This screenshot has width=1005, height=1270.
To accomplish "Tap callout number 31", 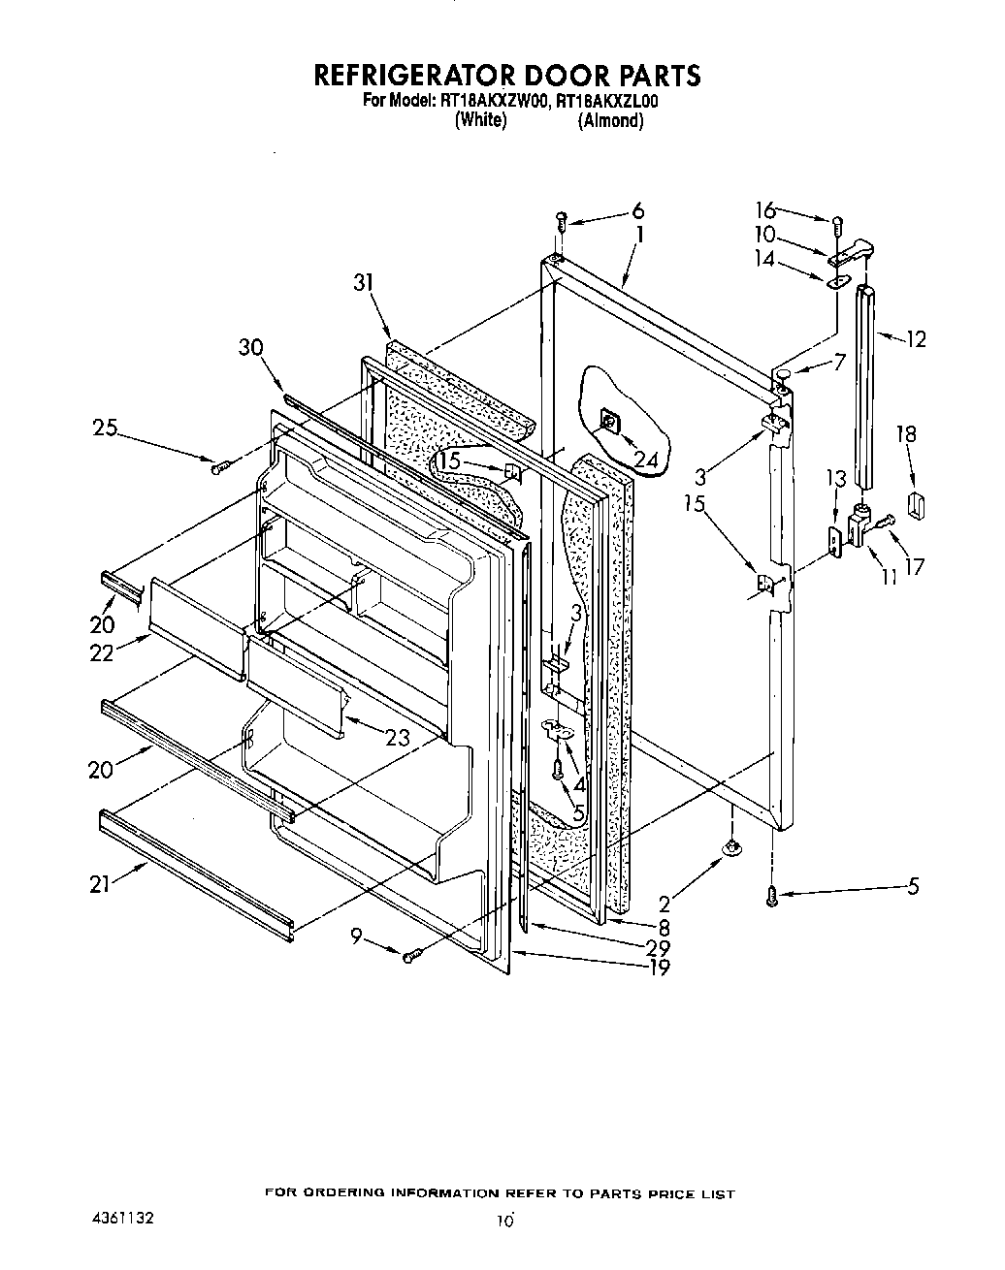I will (x=363, y=282).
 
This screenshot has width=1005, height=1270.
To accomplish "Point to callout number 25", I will (x=106, y=427).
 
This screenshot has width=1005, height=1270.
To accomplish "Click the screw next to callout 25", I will (x=218, y=467).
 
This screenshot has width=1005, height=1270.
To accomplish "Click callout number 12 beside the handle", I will (x=915, y=338).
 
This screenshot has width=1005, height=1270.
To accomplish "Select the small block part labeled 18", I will (x=914, y=503).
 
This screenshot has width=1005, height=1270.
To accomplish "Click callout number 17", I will (x=914, y=567).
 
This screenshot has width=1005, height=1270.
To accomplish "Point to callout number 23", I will (x=397, y=738).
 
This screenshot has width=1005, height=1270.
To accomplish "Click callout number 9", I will (x=356, y=936).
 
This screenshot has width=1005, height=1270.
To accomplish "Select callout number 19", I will (x=659, y=967).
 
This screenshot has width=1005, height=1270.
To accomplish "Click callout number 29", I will (x=660, y=946).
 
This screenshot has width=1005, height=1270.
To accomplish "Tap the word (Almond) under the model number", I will (x=610, y=120).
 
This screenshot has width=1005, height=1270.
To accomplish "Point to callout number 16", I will (x=765, y=209).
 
